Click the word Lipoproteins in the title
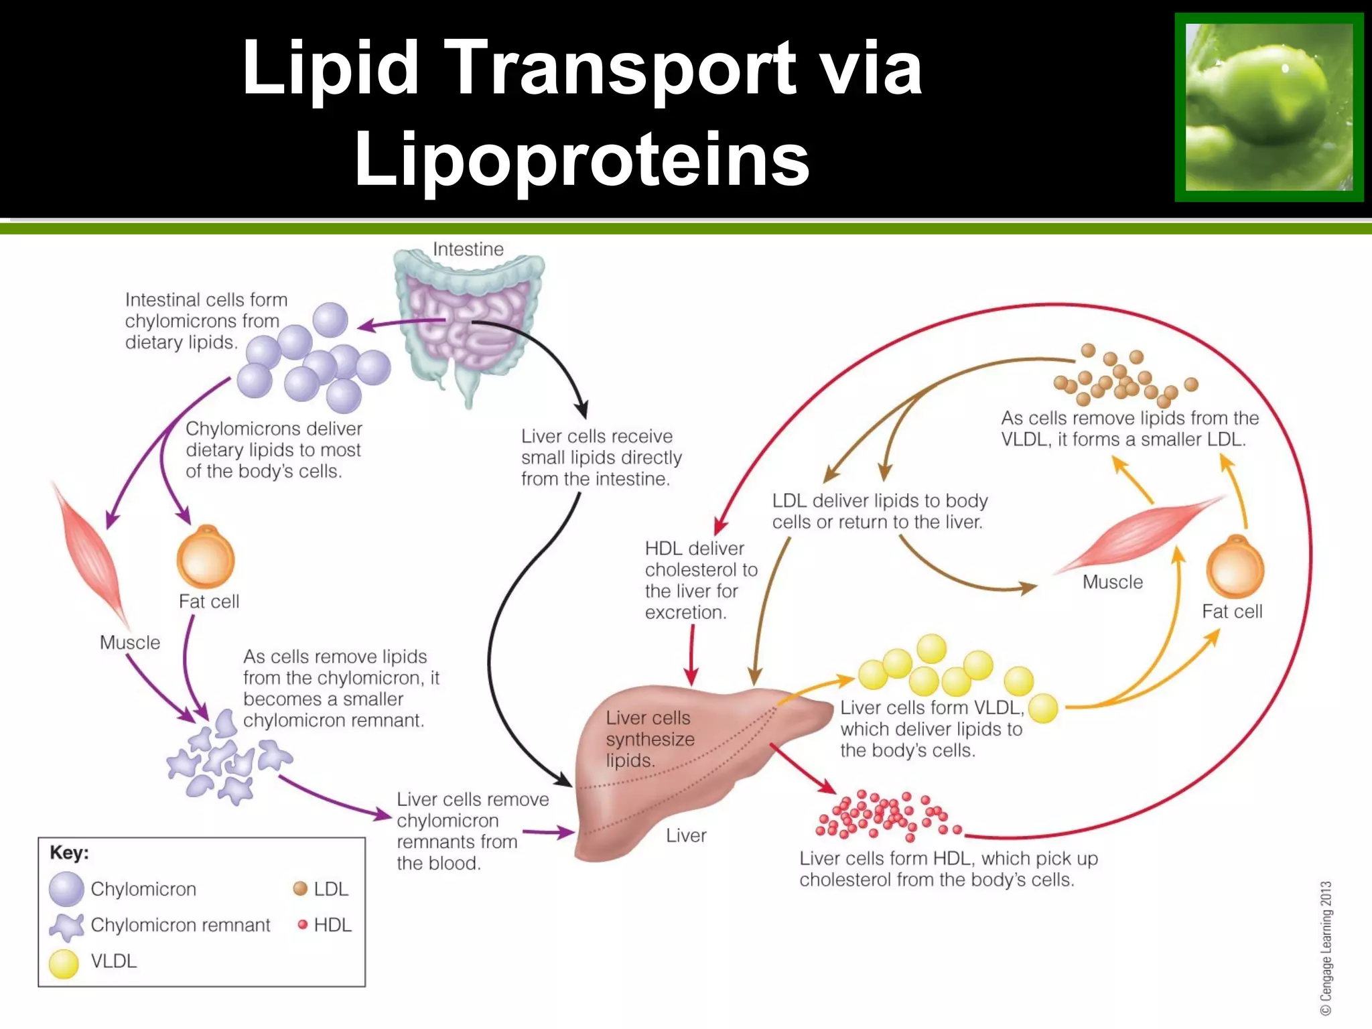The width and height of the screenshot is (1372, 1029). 581,159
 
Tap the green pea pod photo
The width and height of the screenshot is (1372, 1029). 1269,107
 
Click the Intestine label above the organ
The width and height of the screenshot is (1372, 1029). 468,249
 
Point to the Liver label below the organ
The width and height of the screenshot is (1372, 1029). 686,835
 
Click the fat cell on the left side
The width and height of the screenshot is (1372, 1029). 206,557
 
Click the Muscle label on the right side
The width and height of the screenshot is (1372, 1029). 1112,581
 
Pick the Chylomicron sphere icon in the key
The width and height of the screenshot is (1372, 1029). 66,889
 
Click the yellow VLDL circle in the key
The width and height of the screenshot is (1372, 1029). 64,963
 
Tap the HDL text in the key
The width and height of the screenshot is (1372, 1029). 332,925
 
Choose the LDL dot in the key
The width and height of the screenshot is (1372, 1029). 300,889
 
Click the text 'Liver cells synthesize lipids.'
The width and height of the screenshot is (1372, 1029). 649,739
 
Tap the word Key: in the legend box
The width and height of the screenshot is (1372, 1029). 69,853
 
